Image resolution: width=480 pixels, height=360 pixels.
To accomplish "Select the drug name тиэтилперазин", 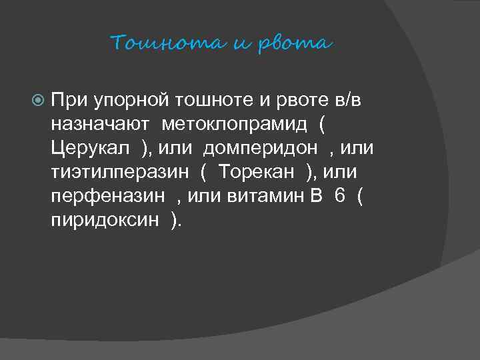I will [120, 172].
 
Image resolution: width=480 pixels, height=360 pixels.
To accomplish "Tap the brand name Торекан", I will [256, 172].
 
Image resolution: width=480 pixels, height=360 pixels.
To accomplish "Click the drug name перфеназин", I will [109, 196].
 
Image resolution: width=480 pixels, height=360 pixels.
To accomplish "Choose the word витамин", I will [283, 196].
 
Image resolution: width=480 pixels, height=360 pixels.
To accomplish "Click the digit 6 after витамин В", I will [340, 196].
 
